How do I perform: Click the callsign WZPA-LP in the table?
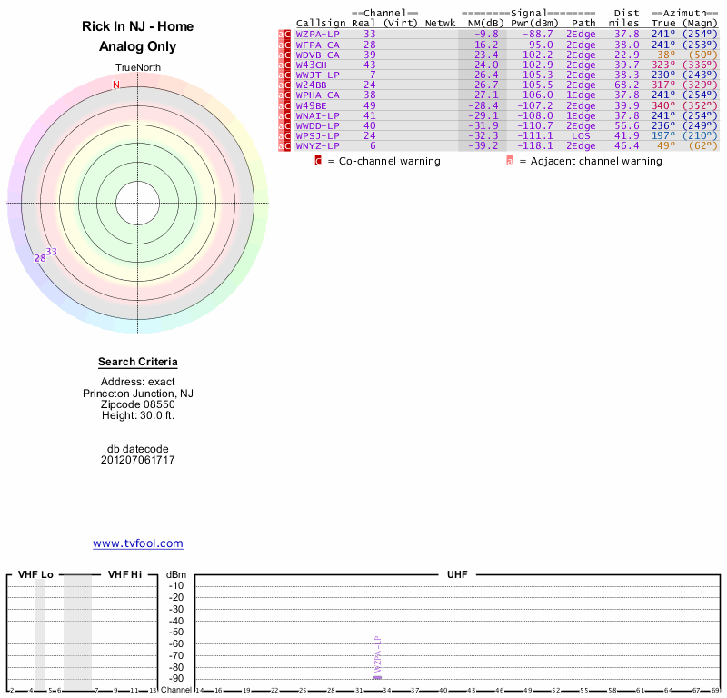coord(317,34)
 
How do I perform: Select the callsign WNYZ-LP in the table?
coord(317,145)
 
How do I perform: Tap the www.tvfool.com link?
coord(138,543)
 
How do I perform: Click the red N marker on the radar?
coord(115,85)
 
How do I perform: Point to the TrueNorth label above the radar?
coord(137,68)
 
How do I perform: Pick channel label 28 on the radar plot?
coord(40,258)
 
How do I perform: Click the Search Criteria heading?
coord(138,362)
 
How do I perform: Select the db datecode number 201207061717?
coord(138,460)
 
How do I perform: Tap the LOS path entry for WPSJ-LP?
coord(581,135)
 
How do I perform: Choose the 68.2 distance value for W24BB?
coord(626,85)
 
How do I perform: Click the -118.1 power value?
coord(533,145)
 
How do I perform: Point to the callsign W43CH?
coord(311,65)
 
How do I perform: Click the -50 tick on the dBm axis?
coord(176,633)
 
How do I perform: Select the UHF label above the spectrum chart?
coord(455,575)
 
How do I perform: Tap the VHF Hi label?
coord(124,575)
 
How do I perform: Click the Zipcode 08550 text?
coord(138,404)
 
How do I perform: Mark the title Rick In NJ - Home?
coord(138,27)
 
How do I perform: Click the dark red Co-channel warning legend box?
coord(319,161)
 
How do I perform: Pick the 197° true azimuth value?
coord(664,135)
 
